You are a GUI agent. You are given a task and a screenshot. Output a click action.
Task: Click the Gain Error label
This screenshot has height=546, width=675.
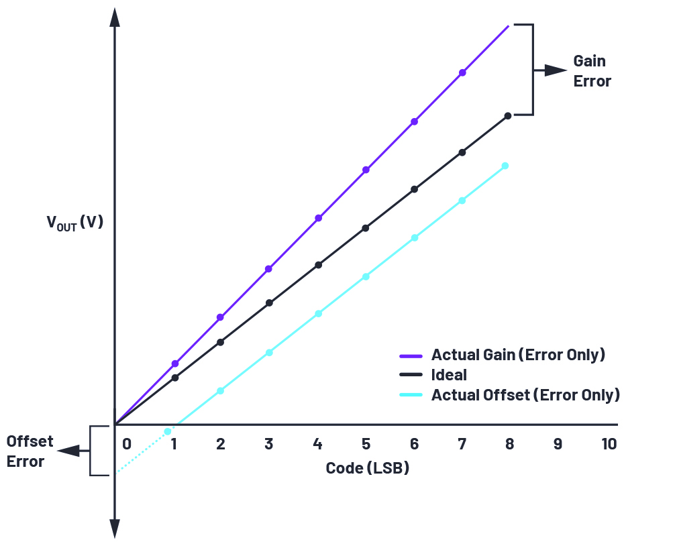click(x=592, y=71)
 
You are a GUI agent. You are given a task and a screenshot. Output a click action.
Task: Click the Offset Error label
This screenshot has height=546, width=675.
click(x=25, y=451)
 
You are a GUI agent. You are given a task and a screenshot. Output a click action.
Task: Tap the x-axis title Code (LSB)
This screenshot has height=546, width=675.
click(x=367, y=468)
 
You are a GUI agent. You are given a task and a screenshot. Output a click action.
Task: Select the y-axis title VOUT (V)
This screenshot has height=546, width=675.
click(x=74, y=222)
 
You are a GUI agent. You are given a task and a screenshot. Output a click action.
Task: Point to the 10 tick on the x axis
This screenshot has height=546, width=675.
click(x=608, y=444)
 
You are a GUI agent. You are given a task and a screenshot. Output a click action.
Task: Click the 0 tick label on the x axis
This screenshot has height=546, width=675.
click(x=126, y=444)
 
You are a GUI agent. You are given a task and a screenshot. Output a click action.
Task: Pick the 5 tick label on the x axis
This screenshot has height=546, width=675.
click(x=366, y=444)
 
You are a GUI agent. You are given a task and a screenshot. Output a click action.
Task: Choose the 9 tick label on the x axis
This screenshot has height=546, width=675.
click(x=558, y=444)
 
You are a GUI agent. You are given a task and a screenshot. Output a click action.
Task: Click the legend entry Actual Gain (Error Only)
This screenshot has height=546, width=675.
click(x=518, y=354)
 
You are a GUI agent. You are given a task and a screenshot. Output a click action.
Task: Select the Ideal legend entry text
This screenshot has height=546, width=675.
click(x=449, y=374)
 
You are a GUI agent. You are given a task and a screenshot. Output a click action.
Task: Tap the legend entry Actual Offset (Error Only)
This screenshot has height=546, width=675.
click(x=525, y=394)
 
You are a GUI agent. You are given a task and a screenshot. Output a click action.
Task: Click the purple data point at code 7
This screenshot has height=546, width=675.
click(x=462, y=72)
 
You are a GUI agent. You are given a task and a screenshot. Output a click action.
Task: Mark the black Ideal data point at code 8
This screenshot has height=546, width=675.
click(x=507, y=116)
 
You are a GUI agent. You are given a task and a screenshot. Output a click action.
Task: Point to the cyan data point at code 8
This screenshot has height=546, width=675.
click(x=505, y=166)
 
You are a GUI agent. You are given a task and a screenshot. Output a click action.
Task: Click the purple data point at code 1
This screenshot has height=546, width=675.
click(x=175, y=364)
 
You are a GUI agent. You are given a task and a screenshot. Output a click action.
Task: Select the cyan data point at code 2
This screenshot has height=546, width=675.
click(x=220, y=390)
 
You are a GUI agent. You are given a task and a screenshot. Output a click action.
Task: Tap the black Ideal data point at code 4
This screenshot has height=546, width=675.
click(x=318, y=265)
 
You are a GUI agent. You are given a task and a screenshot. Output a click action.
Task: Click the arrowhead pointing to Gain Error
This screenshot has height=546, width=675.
click(x=557, y=70)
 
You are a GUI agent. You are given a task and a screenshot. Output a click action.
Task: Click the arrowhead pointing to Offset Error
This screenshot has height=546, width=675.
click(x=66, y=451)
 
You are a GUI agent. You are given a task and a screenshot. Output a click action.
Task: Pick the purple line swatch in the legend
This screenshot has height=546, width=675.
click(x=410, y=355)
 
